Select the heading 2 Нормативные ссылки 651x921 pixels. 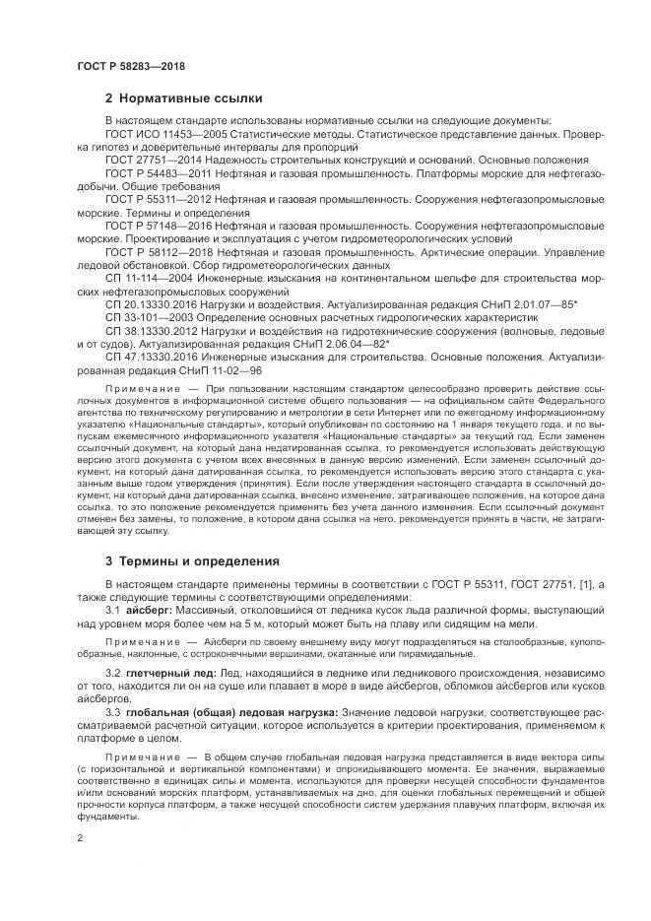click(183, 99)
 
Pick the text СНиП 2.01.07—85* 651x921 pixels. click(553, 304)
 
